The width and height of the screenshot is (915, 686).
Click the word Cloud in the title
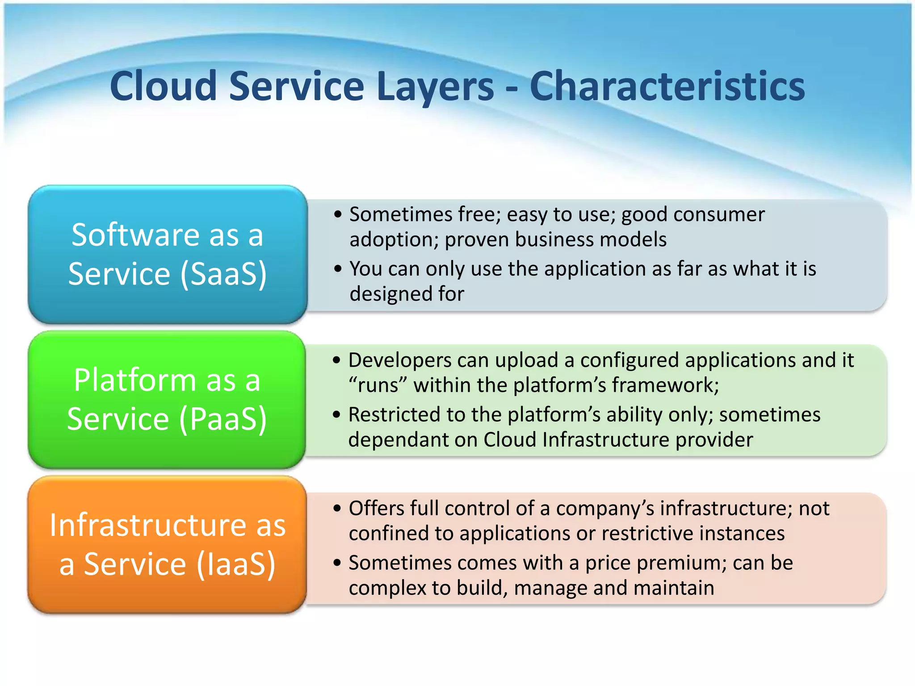[164, 86]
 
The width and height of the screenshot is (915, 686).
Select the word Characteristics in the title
[667, 86]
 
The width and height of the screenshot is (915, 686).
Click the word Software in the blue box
[135, 235]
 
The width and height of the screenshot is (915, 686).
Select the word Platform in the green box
[135, 381]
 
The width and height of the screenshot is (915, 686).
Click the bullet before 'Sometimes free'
[338, 214]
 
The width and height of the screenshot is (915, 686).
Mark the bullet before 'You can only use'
[338, 269]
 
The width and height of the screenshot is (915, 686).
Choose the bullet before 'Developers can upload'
[337, 360]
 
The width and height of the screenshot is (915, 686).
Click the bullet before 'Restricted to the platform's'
[337, 414]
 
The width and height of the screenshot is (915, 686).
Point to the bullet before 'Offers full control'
[337, 508]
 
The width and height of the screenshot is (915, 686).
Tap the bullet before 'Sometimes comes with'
[337, 563]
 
